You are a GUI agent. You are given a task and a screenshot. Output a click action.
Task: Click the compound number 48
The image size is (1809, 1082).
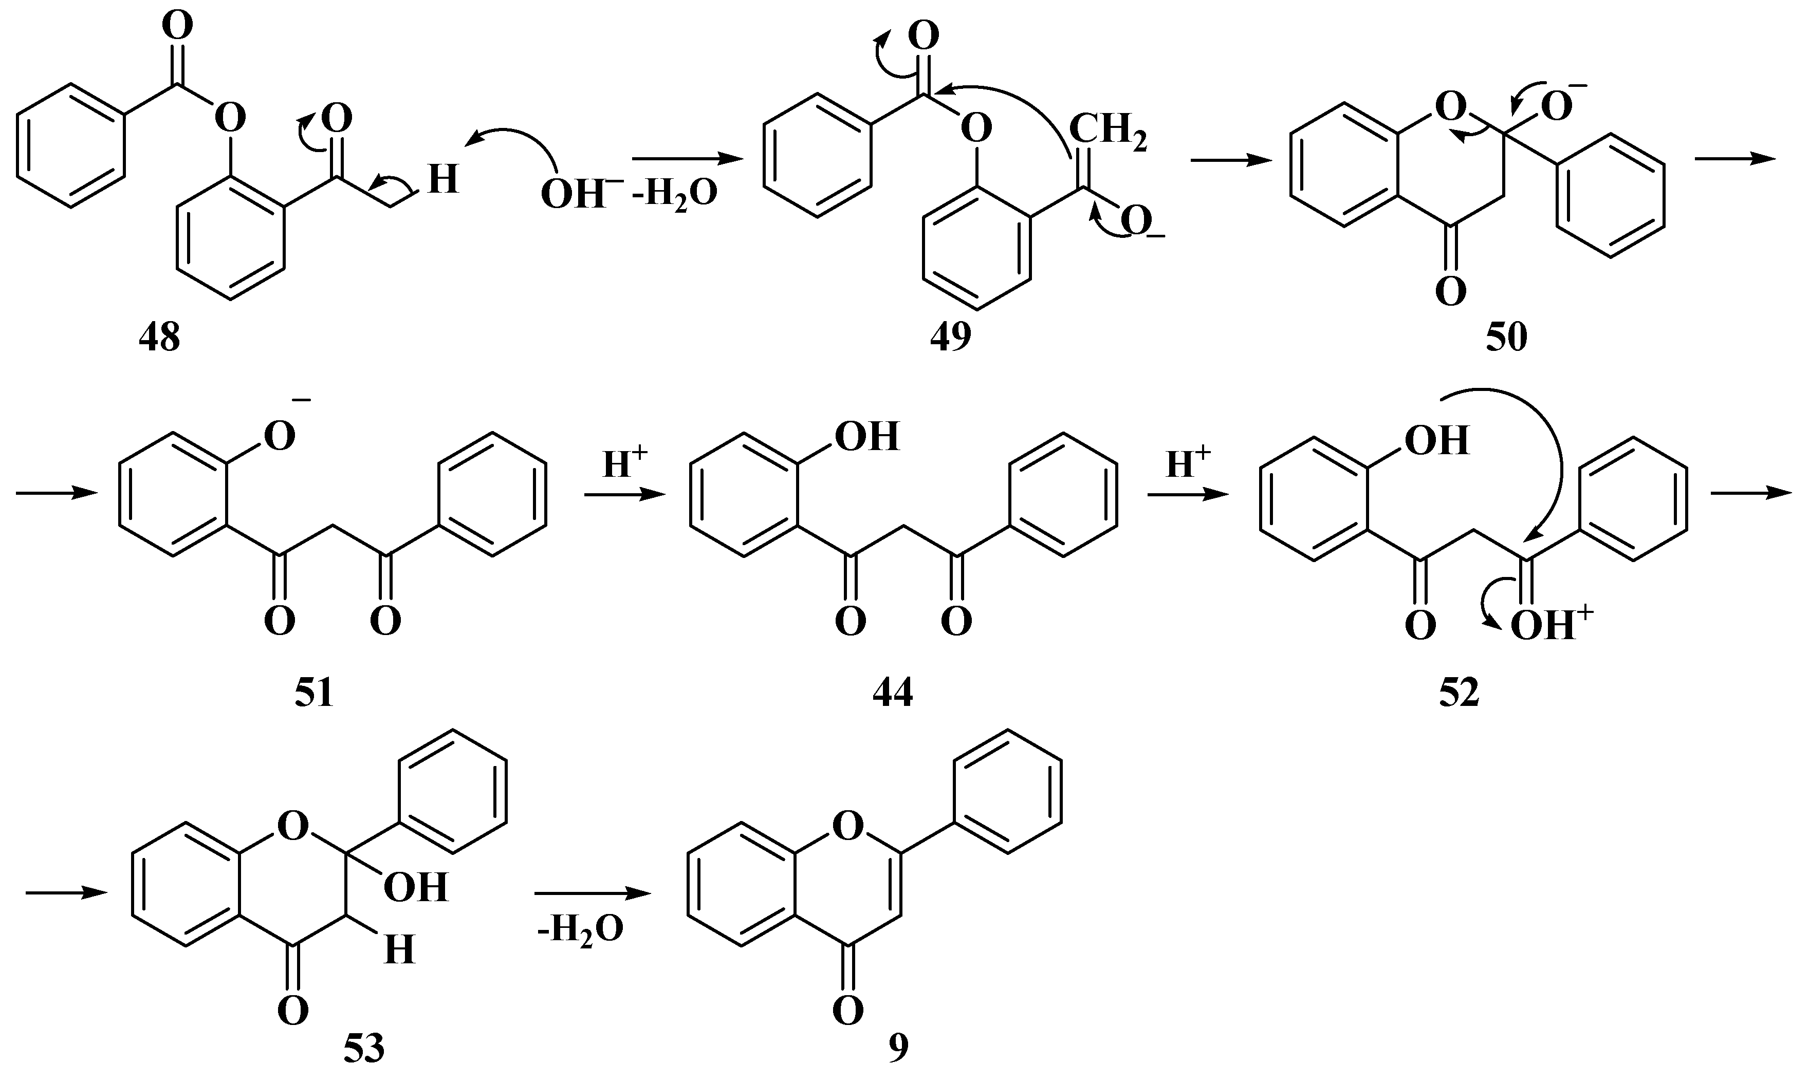[160, 339]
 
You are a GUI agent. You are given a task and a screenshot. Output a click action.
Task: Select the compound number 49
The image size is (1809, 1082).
[950, 338]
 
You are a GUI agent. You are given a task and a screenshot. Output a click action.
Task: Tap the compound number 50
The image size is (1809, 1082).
[1506, 338]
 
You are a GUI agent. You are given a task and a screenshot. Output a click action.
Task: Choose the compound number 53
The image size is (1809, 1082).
[364, 1049]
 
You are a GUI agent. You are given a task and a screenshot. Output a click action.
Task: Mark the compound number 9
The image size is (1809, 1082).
[898, 1049]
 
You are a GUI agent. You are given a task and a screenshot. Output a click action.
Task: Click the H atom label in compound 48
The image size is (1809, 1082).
[442, 179]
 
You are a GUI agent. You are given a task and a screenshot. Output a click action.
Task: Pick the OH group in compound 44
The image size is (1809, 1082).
[866, 436]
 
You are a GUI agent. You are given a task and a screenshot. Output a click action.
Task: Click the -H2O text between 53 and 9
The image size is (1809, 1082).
[580, 929]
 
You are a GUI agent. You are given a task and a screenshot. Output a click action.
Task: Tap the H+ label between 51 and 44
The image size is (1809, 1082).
[625, 464]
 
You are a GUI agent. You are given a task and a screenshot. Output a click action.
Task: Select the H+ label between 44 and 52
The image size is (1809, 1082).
[1188, 464]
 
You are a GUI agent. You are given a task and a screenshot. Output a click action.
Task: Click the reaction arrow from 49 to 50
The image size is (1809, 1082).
[1231, 160]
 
